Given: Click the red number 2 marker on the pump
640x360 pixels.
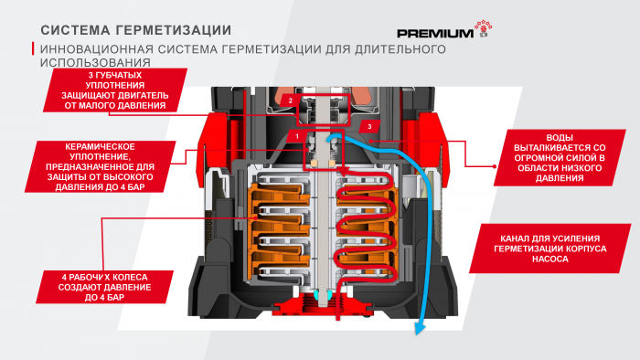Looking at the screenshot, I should pos(289,100).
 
